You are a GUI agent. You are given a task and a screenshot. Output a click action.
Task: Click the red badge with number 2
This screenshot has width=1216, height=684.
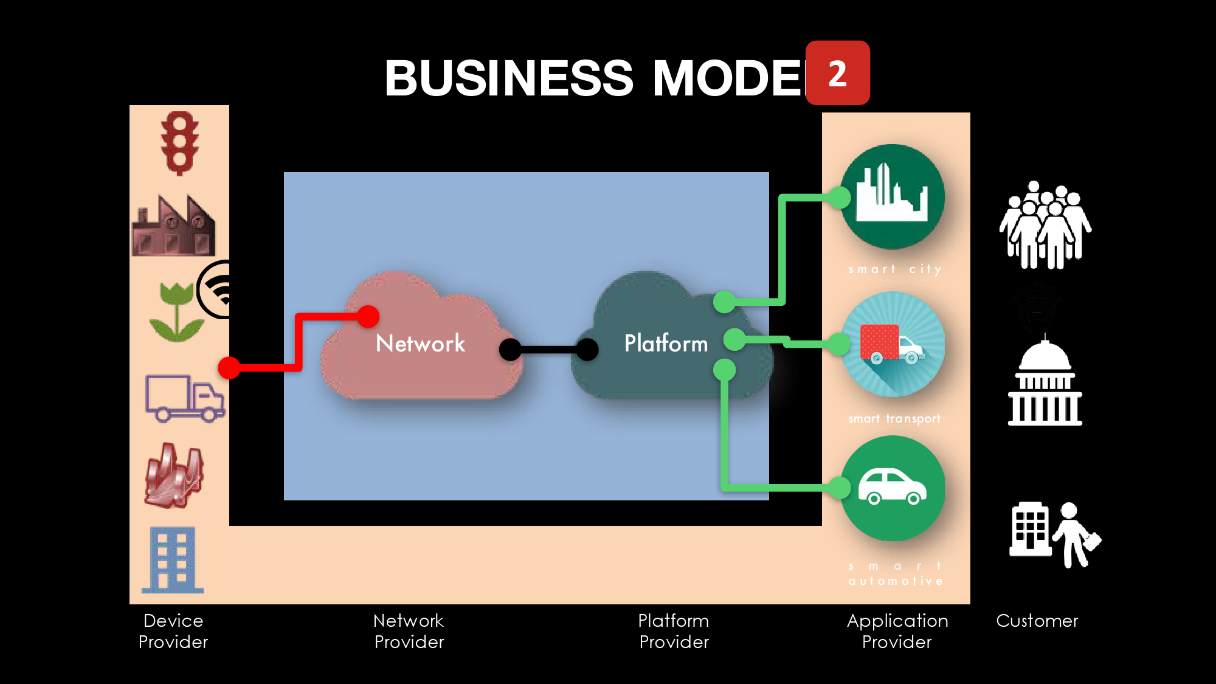pyautogui.click(x=837, y=73)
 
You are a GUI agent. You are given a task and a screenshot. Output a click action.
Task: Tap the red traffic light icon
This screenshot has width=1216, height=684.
pyautogui.click(x=179, y=143)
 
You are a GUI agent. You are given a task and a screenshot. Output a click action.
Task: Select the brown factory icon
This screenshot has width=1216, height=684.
pyautogui.click(x=174, y=226)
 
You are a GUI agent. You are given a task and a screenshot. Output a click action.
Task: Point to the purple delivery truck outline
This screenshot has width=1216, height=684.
pyautogui.click(x=185, y=398)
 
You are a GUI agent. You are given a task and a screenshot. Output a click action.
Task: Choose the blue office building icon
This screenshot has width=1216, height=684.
pyautogui.click(x=173, y=559)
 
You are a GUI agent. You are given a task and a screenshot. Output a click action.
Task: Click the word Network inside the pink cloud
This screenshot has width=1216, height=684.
pyautogui.click(x=420, y=344)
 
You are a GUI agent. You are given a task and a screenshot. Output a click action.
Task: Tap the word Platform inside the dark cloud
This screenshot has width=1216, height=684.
pyautogui.click(x=666, y=344)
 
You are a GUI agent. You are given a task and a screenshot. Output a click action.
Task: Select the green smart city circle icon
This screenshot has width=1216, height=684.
pyautogui.click(x=893, y=196)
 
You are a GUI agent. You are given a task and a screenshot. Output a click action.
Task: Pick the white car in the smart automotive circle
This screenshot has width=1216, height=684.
pyautogui.click(x=892, y=487)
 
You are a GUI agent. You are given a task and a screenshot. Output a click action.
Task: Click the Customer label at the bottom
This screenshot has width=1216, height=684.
pyautogui.click(x=1037, y=621)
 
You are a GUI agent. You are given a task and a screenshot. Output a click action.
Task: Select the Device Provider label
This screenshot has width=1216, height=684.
pyautogui.click(x=173, y=631)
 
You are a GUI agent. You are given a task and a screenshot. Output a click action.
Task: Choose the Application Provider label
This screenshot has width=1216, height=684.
pyautogui.click(x=897, y=631)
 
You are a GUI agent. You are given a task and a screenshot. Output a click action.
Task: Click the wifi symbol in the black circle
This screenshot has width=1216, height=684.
pyautogui.click(x=220, y=290)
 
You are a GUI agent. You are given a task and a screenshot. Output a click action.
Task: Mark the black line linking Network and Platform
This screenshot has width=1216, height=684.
pyautogui.click(x=548, y=350)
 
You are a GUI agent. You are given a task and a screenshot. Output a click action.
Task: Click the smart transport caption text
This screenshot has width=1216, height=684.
pyautogui.click(x=894, y=418)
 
